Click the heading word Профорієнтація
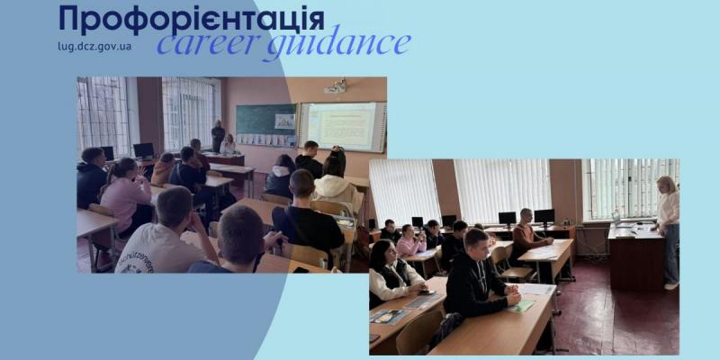192,19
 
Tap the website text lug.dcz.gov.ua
94,47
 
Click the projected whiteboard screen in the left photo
343,127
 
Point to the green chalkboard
266,120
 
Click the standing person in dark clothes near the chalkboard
218,137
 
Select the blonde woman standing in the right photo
667,232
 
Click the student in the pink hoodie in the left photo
125,196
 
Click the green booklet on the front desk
522,306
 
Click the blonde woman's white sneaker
671,285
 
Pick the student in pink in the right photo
409,241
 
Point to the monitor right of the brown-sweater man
544,217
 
